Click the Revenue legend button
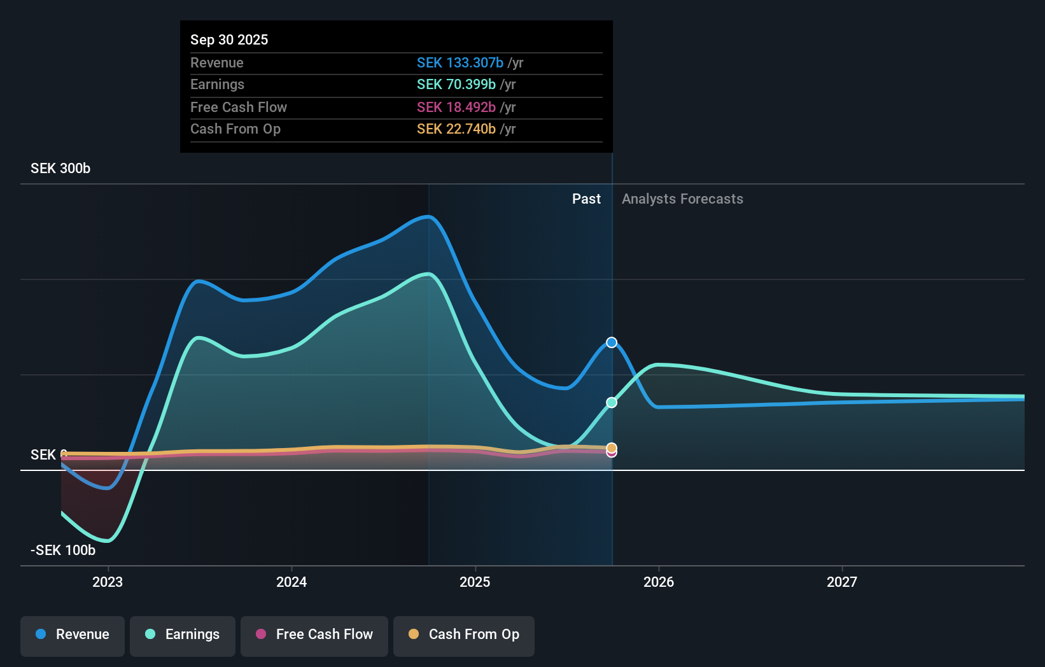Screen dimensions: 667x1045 tap(73, 635)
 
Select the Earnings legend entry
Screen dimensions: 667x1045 tap(183, 635)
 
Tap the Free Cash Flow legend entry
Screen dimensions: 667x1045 tap(314, 635)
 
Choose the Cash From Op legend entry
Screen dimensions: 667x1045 tap(464, 635)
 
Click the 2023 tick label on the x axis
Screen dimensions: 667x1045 tap(108, 582)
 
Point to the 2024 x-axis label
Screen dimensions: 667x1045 tap(291, 582)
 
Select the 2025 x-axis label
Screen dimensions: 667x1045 tap(475, 582)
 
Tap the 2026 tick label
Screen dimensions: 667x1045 tap(659, 582)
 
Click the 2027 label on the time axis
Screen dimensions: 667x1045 tap(842, 582)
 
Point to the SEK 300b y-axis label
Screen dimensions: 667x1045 tap(60, 169)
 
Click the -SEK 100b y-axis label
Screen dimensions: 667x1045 tap(63, 551)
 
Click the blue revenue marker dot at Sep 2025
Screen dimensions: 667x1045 tap(612, 342)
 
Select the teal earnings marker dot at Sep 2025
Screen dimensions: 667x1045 tap(612, 402)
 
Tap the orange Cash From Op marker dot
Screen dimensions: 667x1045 tap(612, 447)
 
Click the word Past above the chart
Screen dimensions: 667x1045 tap(586, 199)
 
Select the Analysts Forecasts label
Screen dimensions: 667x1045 tap(682, 199)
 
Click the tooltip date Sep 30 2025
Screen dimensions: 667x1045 tap(229, 40)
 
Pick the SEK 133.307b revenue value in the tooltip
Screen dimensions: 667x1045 tap(460, 63)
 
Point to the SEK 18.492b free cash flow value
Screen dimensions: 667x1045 tap(456, 108)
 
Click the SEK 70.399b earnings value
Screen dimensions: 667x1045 tap(456, 85)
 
